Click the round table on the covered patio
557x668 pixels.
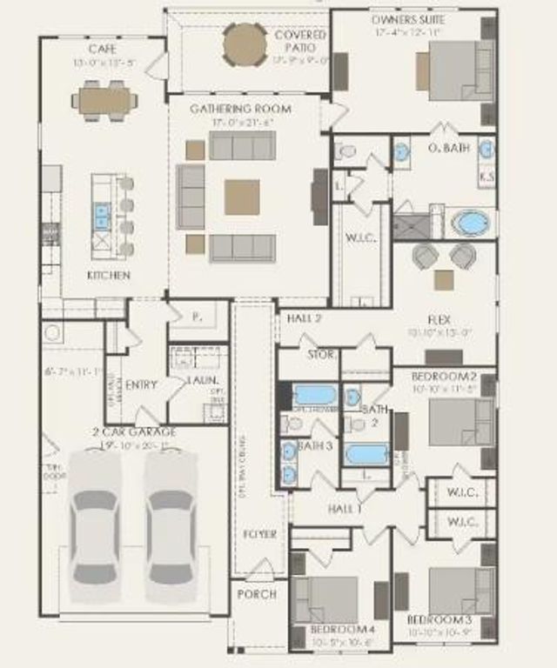click(245, 44)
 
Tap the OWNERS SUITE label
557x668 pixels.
click(407, 19)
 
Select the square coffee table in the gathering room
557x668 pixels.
click(242, 197)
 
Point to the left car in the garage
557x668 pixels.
click(95, 526)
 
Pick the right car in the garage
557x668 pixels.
click(171, 526)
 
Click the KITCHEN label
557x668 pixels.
click(109, 275)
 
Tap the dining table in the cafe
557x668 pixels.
click(104, 100)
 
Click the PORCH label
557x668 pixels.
click(257, 594)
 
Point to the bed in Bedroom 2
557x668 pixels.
click(461, 422)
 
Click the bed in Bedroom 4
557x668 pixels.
click(326, 599)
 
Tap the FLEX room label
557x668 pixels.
click(440, 320)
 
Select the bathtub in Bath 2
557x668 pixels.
click(366, 454)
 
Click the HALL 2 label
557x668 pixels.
click(304, 319)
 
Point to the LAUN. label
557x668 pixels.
click(203, 381)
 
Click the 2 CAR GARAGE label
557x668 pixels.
click(134, 431)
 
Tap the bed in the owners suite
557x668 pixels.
click(453, 71)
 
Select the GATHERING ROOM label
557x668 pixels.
click(240, 109)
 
